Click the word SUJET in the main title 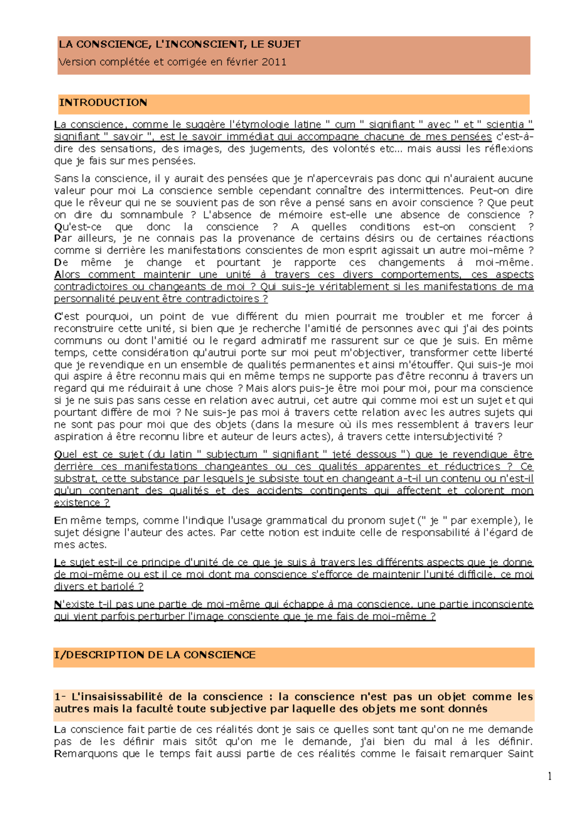click(x=283, y=45)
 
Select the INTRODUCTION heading click(x=103, y=103)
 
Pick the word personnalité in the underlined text click(x=81, y=299)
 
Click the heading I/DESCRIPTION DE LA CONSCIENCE click(x=155, y=655)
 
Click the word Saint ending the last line click(x=520, y=754)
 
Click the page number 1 click(x=550, y=776)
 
